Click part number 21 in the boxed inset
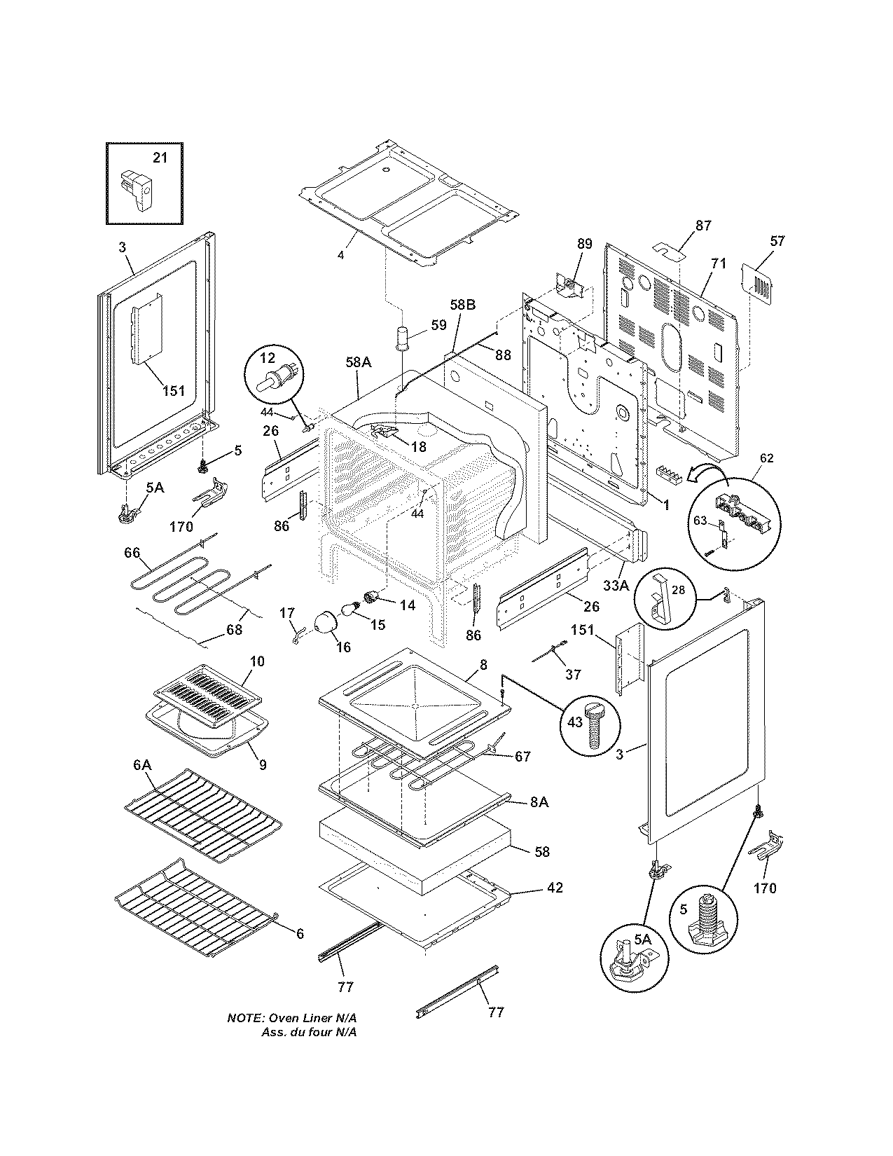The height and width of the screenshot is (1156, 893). tap(160, 158)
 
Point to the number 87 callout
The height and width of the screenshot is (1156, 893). tap(703, 226)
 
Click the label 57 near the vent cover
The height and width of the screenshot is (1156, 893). tap(777, 241)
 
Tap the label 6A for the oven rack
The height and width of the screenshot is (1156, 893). tap(142, 766)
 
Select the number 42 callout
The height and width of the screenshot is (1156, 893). tap(555, 888)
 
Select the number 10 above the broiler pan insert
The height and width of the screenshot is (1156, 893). tap(257, 661)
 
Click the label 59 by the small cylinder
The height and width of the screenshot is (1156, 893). tap(438, 324)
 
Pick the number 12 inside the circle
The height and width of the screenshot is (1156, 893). tap(268, 359)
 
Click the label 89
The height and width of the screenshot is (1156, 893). tap(584, 245)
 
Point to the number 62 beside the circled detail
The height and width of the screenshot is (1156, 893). tap(767, 458)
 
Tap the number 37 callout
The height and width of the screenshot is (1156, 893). tap(573, 674)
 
